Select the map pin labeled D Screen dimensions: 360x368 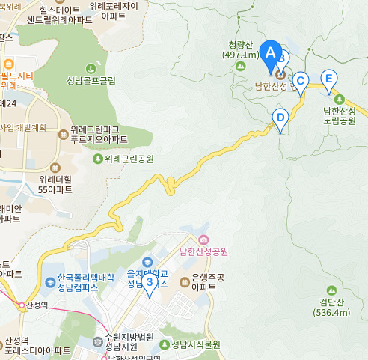click(280, 118)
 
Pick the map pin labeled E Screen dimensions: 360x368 click(328, 79)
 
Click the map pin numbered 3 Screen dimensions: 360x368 click(150, 283)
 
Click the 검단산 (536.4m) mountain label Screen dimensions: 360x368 click(331, 307)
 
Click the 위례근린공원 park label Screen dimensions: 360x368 click(129, 159)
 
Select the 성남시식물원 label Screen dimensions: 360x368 click(194, 344)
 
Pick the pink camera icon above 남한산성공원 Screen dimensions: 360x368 click(204, 240)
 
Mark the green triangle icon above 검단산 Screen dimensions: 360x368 click(331, 289)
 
